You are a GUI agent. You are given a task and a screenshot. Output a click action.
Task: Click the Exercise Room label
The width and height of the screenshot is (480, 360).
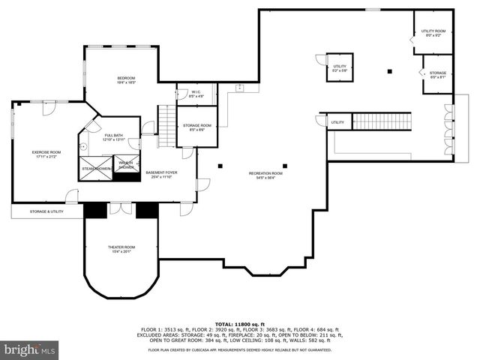(x=46, y=154)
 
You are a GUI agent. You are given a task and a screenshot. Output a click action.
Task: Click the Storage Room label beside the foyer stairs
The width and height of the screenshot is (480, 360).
(x=196, y=127)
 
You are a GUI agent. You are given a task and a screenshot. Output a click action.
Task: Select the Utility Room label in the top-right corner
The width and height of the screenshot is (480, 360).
(x=433, y=32)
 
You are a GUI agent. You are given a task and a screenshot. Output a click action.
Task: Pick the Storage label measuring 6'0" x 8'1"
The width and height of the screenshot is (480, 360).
(x=438, y=75)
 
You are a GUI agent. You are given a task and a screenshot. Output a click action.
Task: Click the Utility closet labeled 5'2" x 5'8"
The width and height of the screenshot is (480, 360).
(x=339, y=69)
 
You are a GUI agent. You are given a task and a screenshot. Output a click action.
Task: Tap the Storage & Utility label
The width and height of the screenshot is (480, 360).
(x=46, y=212)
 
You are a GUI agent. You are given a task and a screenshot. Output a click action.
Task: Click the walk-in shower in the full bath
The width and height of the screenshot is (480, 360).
(x=124, y=166)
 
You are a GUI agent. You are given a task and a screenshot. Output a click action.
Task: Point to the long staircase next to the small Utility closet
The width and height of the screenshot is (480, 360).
(x=382, y=121)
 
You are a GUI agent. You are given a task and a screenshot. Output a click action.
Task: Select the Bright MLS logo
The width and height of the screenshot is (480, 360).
(x=30, y=349)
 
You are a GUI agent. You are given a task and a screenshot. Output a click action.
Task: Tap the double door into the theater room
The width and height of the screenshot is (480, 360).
(x=120, y=208)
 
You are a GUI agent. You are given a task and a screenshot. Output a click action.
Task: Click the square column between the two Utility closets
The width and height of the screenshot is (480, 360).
(x=389, y=71)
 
